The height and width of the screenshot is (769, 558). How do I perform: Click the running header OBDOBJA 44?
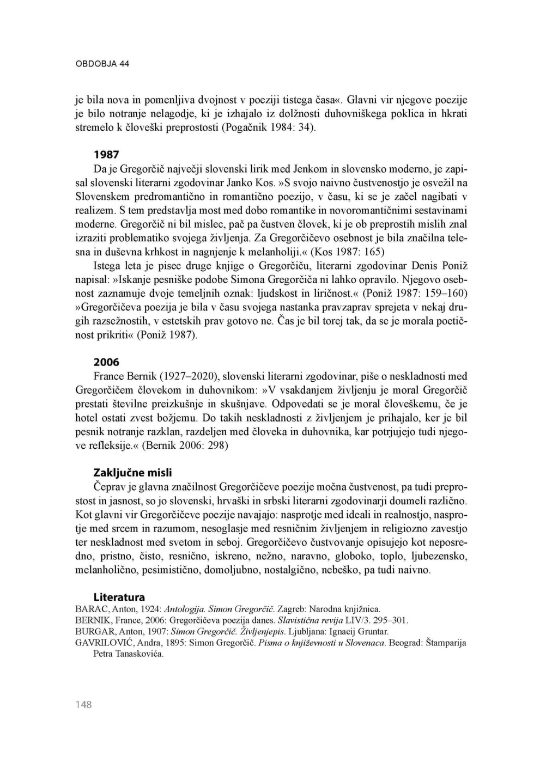tap(102, 64)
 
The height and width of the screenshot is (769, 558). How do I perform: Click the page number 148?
tap(84, 705)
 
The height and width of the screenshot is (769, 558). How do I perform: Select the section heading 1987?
tap(106, 154)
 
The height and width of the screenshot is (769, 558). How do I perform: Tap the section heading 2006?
tap(106, 362)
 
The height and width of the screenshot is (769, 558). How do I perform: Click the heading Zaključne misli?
tap(132, 472)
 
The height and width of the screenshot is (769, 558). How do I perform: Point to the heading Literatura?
tap(119, 597)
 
